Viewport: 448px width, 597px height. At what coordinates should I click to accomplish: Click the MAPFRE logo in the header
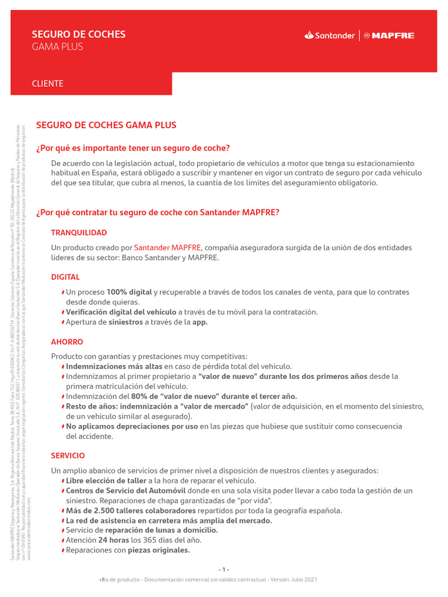point(389,36)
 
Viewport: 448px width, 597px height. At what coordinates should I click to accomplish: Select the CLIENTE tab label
point(47,84)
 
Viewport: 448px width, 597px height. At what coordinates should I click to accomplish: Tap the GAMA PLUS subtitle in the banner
point(57,47)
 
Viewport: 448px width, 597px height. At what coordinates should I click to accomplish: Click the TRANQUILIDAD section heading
point(79,233)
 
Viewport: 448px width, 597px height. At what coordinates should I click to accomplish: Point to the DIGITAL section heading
point(65,277)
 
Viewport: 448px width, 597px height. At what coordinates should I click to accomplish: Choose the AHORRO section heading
point(67,342)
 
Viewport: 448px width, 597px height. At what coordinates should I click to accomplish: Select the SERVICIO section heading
point(68,455)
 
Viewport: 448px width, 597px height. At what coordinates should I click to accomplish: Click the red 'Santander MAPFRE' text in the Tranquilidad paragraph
point(167,248)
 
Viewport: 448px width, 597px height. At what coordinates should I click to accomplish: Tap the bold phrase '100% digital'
point(129,292)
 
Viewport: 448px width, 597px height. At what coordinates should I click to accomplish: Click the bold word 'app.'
point(200,322)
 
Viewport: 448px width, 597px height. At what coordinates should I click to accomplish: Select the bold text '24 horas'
point(114,540)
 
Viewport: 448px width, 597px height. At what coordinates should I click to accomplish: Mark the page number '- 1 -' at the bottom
point(224,570)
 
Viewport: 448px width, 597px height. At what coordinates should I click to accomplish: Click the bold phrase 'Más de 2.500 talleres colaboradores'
point(131,511)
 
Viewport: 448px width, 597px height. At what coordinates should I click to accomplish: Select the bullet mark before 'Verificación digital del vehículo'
point(63,312)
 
